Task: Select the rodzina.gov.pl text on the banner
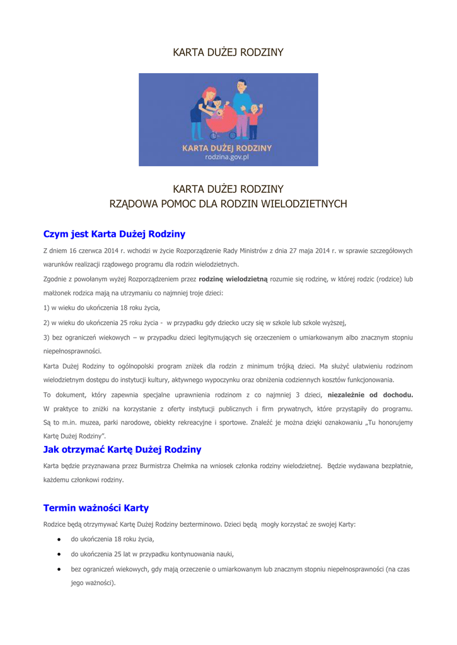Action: pos(228,157)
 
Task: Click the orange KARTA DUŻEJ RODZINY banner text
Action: pos(228,149)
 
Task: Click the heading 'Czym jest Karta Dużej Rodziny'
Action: pos(114,234)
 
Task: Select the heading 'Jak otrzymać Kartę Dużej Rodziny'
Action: pos(122,449)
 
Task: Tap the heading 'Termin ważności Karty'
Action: pos(96,508)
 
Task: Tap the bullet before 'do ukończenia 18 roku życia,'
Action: pos(58,539)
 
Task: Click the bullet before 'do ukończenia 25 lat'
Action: pos(58,554)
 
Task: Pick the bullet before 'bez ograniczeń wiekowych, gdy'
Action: pos(58,569)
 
